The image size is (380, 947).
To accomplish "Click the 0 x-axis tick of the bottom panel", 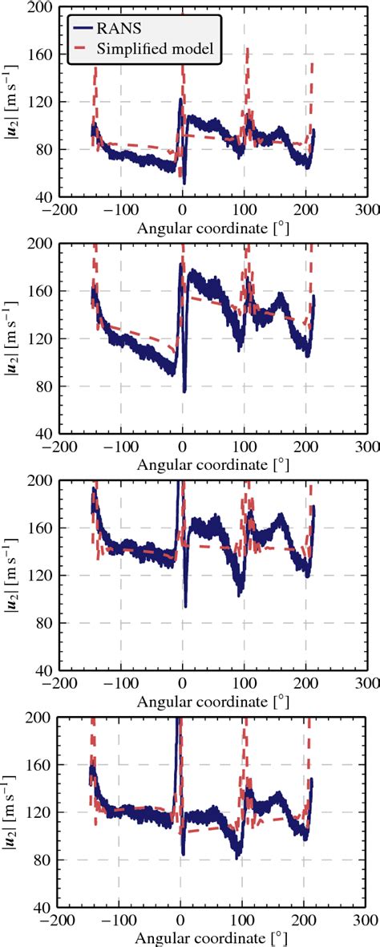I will coord(182,921).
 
